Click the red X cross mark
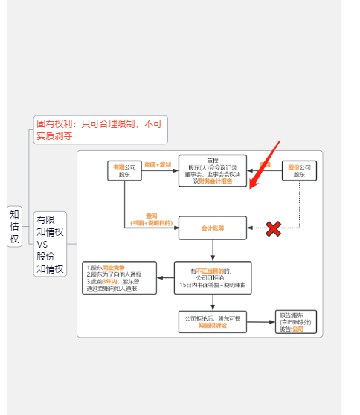click(273, 228)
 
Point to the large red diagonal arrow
click(265, 165)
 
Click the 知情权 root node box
click(15, 226)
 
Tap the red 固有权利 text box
click(100, 129)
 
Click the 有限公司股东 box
click(124, 170)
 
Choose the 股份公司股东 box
click(300, 170)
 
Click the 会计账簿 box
click(212, 228)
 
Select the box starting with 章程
click(213, 170)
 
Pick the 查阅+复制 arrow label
click(158, 164)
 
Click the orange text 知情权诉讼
click(212, 326)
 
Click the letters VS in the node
click(42, 243)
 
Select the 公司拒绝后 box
click(212, 321)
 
